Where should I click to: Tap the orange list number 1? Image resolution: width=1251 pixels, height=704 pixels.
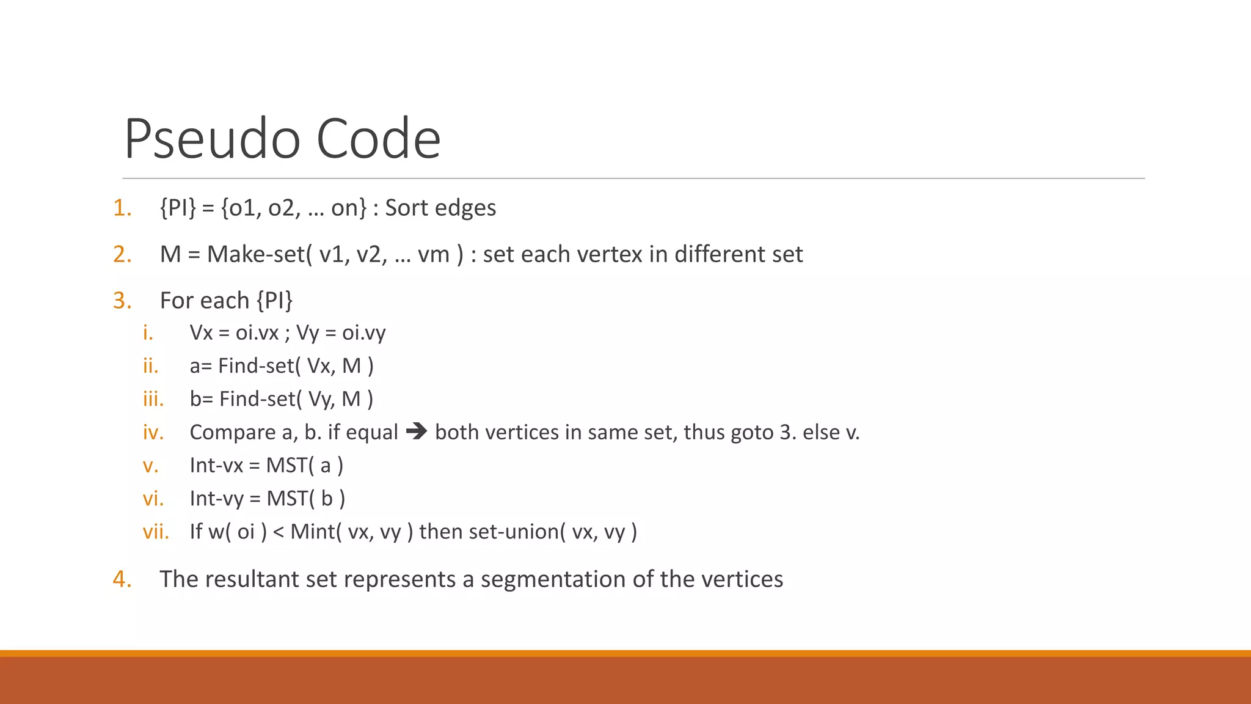(122, 208)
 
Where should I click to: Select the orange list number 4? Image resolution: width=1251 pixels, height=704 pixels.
(122, 579)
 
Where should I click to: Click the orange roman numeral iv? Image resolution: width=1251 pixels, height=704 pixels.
(153, 433)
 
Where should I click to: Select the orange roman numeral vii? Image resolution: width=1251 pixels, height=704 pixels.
(156, 532)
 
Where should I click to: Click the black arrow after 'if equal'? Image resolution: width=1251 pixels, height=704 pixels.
(417, 432)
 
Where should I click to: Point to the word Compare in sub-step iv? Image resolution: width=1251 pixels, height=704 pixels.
(233, 433)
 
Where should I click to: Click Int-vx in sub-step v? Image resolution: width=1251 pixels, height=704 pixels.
(216, 466)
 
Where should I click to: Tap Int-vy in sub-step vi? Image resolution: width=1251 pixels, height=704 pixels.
(216, 499)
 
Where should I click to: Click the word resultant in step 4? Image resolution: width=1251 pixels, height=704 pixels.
(253, 579)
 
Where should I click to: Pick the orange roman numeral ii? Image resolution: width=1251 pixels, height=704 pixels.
(150, 367)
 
